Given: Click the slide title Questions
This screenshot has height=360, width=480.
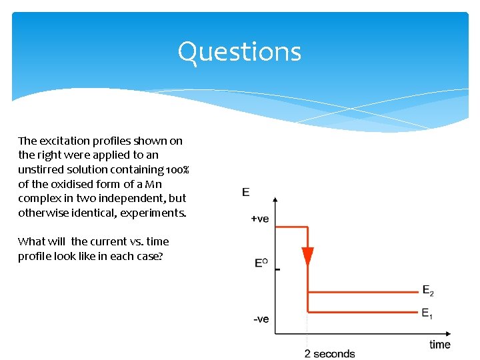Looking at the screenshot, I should tap(239, 52).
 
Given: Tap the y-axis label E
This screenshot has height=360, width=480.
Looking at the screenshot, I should tap(246, 192).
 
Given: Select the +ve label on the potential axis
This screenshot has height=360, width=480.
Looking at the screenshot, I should tap(260, 219).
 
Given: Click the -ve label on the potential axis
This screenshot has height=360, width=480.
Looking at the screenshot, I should tap(261, 319).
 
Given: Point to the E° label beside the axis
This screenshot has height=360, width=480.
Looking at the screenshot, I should tap(261, 263).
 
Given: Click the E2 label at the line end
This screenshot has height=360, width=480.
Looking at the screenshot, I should tap(428, 290).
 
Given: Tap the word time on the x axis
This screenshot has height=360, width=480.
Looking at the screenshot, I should tap(439, 345).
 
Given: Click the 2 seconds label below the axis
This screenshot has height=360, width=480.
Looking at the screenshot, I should tap(329, 353).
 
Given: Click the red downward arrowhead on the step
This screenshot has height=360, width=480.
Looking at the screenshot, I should tap(307, 257).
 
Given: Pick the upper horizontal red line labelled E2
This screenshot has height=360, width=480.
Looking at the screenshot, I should tap(363, 292).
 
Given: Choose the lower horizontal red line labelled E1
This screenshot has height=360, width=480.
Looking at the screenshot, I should tap(363, 311).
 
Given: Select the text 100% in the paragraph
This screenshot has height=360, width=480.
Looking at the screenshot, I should tap(177, 169).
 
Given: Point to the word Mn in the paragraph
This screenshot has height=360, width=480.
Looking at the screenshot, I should tap(153, 184).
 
